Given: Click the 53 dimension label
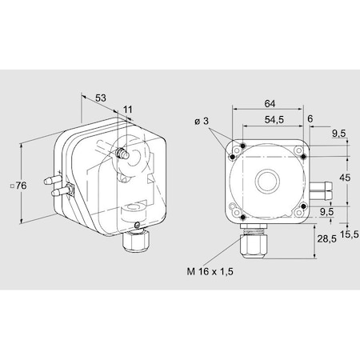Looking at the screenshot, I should pyautogui.click(x=101, y=98).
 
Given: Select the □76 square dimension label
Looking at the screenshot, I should pyautogui.click(x=21, y=186).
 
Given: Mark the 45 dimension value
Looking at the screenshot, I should pyautogui.click(x=344, y=178).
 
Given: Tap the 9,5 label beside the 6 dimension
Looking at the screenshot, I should pyautogui.click(x=338, y=134).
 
